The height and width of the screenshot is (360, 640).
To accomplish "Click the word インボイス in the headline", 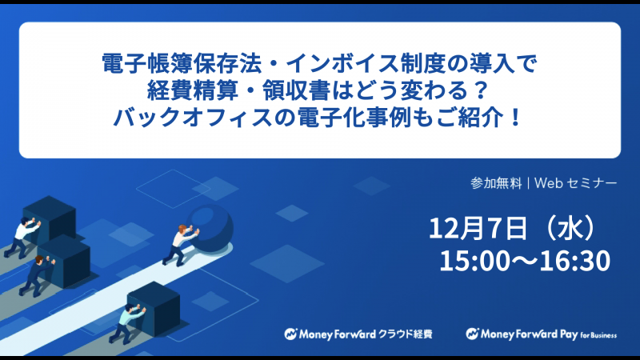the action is pyautogui.click(x=342, y=63).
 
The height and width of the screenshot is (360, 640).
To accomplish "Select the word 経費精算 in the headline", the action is pyautogui.click(x=193, y=90).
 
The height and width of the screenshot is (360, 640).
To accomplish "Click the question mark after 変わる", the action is pyautogui.click(x=482, y=90).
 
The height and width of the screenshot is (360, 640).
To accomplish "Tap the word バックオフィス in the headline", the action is pyautogui.click(x=192, y=117).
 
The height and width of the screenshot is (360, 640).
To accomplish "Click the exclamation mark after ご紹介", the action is pyautogui.click(x=516, y=117).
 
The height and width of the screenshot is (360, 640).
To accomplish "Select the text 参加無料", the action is pyautogui.click(x=496, y=183).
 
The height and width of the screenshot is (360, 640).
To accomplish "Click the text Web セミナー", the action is pyautogui.click(x=575, y=183).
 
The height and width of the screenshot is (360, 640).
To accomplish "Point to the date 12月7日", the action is pyautogui.click(x=478, y=228).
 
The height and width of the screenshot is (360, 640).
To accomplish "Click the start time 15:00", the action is pyautogui.click(x=474, y=261).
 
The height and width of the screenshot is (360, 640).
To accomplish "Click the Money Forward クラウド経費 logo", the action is pyautogui.click(x=358, y=334).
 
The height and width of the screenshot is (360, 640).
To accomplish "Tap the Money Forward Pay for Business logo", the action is pyautogui.click(x=542, y=334).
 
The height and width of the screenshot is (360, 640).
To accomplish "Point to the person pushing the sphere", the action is pyautogui.click(x=178, y=245).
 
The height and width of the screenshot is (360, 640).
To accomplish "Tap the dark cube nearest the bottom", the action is pyautogui.click(x=154, y=308).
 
